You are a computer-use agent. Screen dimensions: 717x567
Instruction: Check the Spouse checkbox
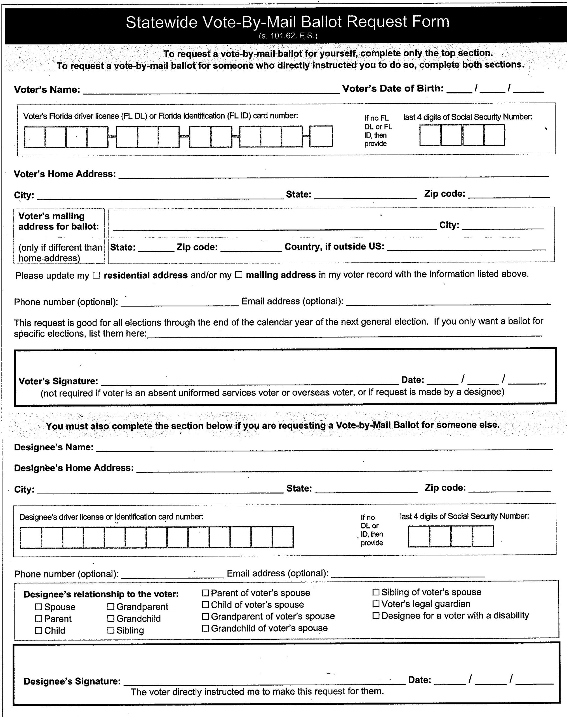tap(39, 607)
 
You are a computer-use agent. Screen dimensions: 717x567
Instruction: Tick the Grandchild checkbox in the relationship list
tap(111, 619)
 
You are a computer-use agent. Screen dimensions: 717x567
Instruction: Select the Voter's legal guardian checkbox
tap(376, 604)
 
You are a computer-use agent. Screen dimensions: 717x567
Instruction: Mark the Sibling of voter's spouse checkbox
tap(376, 592)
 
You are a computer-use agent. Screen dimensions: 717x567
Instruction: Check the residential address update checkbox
tap(96, 275)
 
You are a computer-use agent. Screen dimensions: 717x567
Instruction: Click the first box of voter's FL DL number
tap(34, 137)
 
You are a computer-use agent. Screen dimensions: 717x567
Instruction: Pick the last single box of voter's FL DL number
tap(321, 136)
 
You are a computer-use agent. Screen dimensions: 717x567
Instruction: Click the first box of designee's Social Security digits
tap(419, 536)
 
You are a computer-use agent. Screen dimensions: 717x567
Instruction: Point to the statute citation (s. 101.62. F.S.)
tap(288, 36)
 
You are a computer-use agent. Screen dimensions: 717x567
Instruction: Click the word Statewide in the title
tap(161, 22)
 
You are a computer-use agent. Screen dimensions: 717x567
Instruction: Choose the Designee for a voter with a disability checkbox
tap(376, 616)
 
